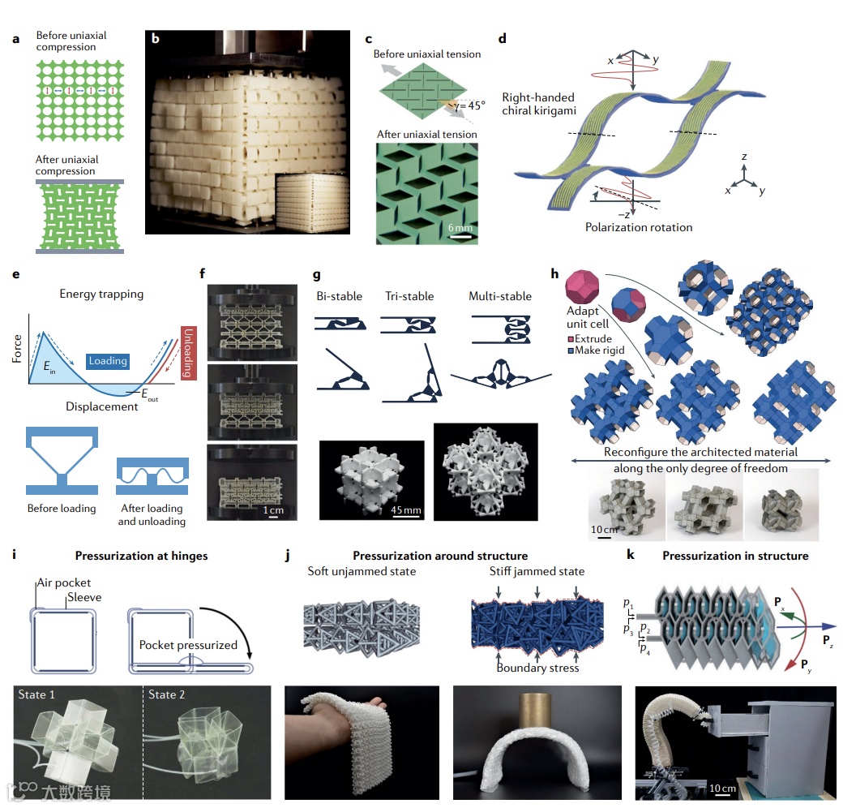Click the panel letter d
pyautogui.click(x=503, y=38)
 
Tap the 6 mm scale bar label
pyautogui.click(x=461, y=228)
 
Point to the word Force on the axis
pyautogui.click(x=18, y=355)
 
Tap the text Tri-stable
pyautogui.click(x=409, y=296)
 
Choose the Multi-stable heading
pyautogui.click(x=499, y=296)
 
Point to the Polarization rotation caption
pyautogui.click(x=639, y=227)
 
